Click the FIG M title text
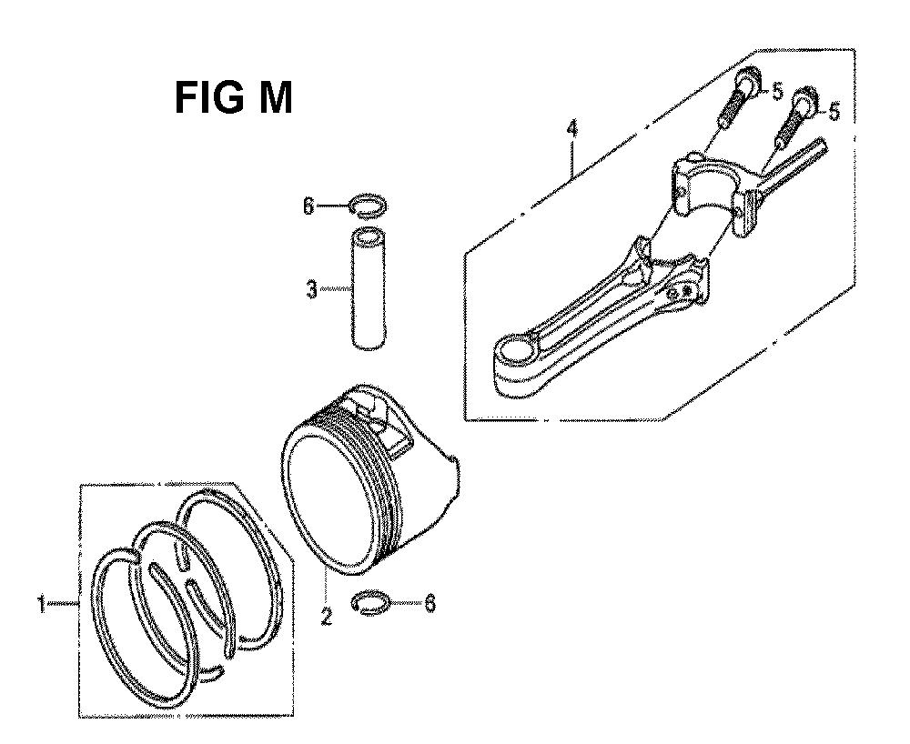(233, 98)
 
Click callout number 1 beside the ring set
(41, 606)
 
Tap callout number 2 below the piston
(327, 616)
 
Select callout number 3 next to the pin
(312, 289)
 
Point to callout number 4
(572, 129)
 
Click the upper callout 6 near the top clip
(310, 206)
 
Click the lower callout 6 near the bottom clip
(430, 604)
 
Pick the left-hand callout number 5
(778, 92)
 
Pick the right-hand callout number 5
(834, 111)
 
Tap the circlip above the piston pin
(368, 206)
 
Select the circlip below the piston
(371, 604)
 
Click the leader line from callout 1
(62, 604)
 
